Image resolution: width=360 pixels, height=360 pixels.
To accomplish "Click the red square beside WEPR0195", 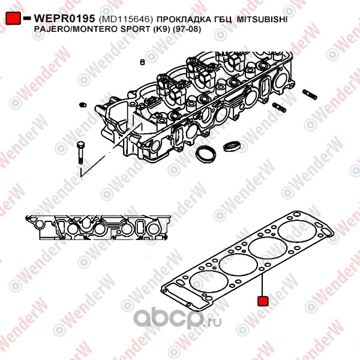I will point(14,19).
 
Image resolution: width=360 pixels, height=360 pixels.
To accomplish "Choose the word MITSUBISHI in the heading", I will point(262,20).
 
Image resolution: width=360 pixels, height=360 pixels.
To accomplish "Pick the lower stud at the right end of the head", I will point(280,107).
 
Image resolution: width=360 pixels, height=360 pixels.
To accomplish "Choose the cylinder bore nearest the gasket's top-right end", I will point(298,232).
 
